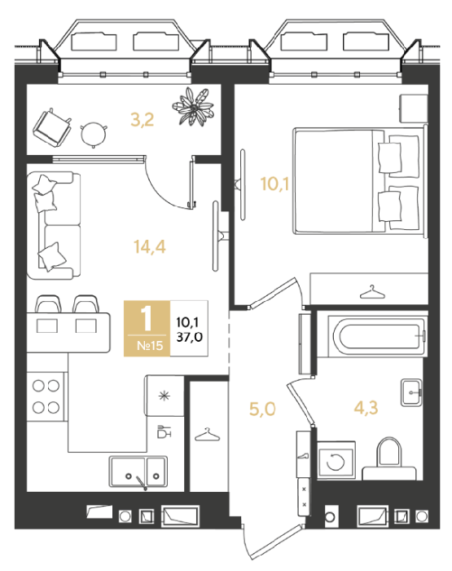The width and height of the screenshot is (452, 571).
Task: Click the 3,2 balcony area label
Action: point(143,120)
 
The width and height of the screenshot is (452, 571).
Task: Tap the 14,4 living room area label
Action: point(150,247)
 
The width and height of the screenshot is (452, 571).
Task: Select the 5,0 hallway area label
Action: point(262,409)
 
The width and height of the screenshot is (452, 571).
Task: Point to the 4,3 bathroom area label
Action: point(366,408)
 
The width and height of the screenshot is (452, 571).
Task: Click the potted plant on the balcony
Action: point(193,106)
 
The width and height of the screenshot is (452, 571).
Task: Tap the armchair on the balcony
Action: point(52,127)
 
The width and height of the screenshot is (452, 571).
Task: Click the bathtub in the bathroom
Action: point(377,337)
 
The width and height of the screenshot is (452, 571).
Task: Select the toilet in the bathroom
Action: point(389,459)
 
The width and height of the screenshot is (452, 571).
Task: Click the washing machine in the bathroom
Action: point(336,460)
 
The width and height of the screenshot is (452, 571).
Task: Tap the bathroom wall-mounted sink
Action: point(411,392)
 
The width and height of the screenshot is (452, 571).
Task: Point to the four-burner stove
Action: point(46,396)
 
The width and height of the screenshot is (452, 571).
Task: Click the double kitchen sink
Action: point(138,472)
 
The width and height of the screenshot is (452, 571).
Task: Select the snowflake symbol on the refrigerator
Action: point(165,396)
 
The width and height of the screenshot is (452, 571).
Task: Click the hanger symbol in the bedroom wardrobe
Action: point(372,292)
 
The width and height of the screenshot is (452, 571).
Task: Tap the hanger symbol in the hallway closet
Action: point(208,435)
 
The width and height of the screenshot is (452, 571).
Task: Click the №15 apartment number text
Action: point(150,345)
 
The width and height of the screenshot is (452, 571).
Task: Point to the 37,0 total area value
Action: point(190,337)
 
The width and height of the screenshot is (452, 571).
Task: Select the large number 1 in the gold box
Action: point(146,318)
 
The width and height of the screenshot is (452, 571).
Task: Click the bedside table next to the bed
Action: point(413,108)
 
